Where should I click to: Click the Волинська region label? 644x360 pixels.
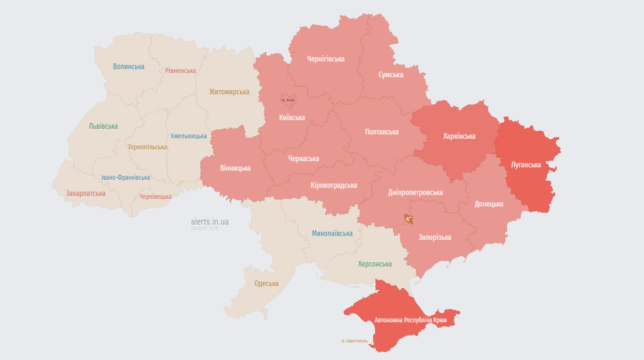coord(129,67)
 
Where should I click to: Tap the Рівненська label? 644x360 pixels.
coord(180,71)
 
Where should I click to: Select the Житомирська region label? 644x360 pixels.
coord(229,92)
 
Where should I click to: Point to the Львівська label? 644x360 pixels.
coord(103,126)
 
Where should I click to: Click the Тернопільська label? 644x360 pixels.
coord(147,147)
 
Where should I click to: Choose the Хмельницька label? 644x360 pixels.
coord(189,136)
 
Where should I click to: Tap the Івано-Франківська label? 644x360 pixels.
coord(125,177)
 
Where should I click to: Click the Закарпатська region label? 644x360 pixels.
coord(86,194)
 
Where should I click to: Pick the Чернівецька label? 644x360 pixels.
coord(155,196)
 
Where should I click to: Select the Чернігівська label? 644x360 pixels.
coord(326,59)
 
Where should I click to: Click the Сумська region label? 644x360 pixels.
coord(391,75)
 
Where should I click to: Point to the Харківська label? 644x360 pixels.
coord(459,136)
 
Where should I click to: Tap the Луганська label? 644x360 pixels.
coord(526,165)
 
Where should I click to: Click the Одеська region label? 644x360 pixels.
coord(266,284)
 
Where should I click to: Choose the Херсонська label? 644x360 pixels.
coord(375,264)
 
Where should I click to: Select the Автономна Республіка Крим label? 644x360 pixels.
coord(410,320)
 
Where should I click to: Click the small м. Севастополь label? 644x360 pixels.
coord(355,341)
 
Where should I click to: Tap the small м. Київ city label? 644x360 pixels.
coord(288,100)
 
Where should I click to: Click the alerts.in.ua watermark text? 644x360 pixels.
coord(210,222)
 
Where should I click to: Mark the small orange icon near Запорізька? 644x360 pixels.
coord(409,219)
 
